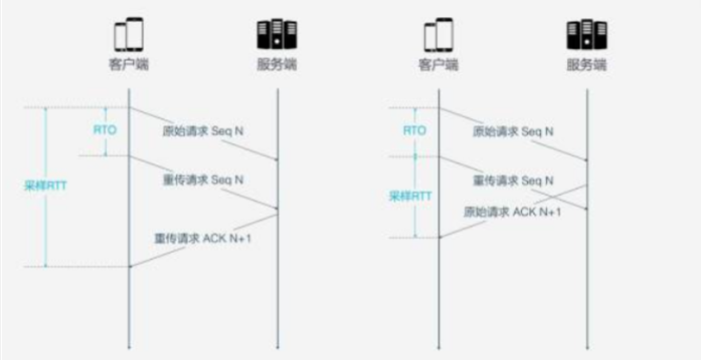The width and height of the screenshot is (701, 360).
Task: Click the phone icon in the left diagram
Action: [129, 34]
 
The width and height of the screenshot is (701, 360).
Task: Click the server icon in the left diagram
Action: [277, 34]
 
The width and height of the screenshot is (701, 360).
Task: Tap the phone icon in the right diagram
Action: [438, 35]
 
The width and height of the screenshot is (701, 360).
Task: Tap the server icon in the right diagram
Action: [587, 35]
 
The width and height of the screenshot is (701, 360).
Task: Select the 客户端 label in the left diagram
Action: [129, 64]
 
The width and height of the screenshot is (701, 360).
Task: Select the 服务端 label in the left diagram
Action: [277, 64]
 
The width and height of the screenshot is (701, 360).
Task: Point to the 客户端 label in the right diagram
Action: [438, 65]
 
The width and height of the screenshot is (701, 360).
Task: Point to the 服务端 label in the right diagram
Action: [586, 65]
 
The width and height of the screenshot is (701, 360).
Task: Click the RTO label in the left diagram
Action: [105, 130]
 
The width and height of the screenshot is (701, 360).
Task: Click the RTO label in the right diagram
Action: [414, 130]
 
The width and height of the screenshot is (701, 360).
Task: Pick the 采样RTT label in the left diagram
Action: [45, 185]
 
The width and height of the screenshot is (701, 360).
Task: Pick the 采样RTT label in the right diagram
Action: [410, 196]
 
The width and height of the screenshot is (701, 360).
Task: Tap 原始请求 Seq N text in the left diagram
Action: [203, 131]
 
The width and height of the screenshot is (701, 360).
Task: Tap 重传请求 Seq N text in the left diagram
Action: [203, 180]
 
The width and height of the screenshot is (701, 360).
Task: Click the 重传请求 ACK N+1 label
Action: [203, 239]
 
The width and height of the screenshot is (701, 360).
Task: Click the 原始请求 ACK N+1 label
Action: [512, 212]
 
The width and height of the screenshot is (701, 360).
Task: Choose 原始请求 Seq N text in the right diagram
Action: [513, 132]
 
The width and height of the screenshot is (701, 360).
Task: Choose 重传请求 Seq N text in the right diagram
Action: [513, 181]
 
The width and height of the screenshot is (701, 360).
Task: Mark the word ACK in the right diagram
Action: [524, 212]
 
